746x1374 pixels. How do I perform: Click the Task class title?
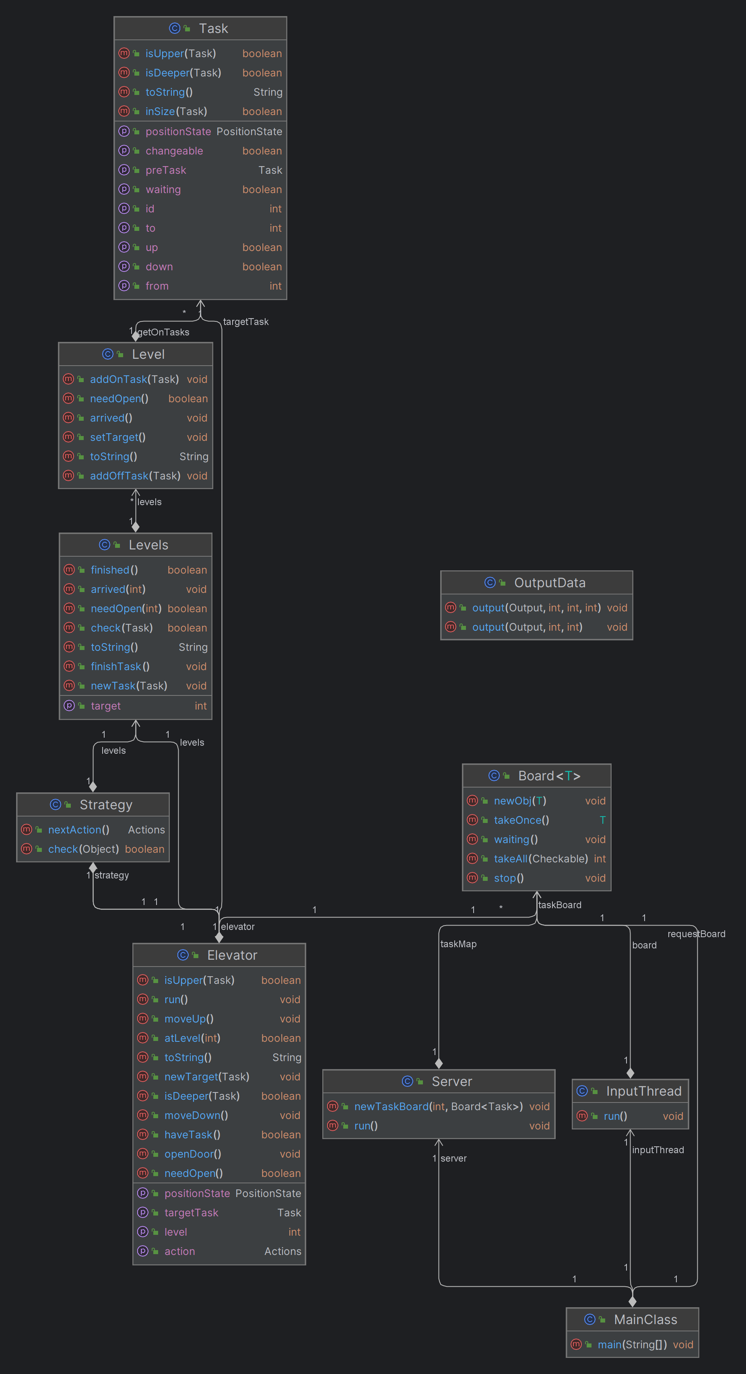213,28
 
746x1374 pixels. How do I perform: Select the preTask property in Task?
166,170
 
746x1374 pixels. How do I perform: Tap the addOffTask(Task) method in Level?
135,476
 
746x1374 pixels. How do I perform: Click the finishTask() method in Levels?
120,666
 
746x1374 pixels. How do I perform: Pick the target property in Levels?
106,706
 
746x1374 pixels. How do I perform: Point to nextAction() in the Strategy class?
78,829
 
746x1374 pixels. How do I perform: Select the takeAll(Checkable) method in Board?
540,859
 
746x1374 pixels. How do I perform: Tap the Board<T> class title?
549,775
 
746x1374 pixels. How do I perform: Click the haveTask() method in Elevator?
192,1135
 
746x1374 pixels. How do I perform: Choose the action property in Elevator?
179,1251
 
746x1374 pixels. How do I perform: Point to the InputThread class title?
643,1091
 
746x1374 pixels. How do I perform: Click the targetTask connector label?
245,322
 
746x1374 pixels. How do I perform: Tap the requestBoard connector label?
697,934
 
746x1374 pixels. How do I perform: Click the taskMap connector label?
458,944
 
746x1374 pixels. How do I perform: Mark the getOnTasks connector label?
163,332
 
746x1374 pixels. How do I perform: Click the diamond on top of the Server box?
439,1063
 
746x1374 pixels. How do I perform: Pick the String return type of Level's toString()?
194,457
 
